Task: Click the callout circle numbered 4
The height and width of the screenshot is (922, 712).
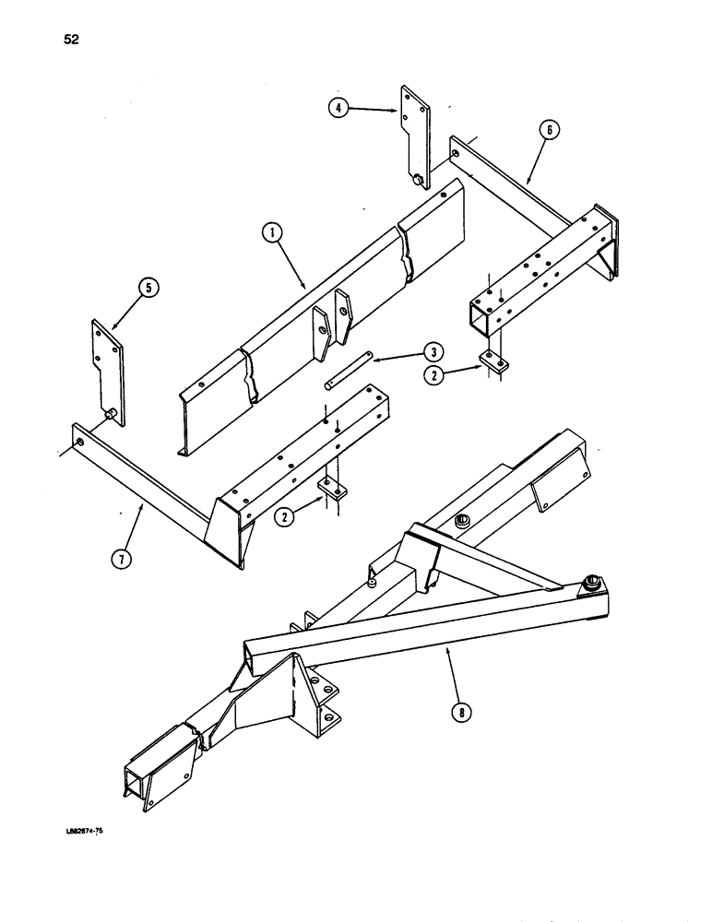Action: (339, 107)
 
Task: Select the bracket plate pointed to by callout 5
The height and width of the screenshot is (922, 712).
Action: (102, 364)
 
